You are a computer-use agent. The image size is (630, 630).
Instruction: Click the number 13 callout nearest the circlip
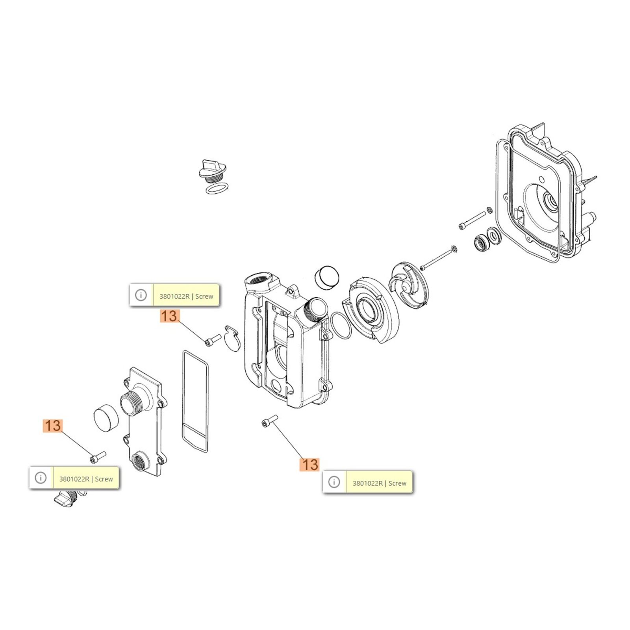click(170, 316)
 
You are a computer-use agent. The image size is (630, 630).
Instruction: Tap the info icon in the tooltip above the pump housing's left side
click(141, 295)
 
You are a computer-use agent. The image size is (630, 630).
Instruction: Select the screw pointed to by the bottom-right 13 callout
click(270, 421)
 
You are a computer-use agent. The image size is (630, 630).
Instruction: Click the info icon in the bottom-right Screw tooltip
click(334, 482)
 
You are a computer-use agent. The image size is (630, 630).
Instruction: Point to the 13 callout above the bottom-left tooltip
click(53, 426)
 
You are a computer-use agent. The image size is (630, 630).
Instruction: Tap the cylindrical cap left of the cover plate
click(106, 417)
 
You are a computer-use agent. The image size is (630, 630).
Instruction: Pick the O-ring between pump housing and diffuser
click(341, 325)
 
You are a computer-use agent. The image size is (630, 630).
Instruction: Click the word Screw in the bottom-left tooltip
click(104, 479)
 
